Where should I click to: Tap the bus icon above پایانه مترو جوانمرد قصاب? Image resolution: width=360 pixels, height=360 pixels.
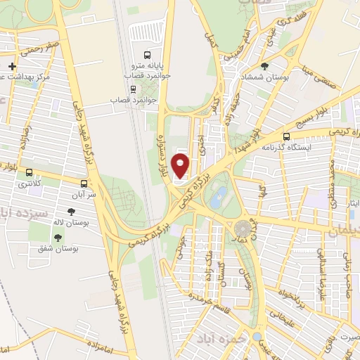(147, 55)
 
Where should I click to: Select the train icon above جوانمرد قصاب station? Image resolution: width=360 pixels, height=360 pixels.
(133, 89)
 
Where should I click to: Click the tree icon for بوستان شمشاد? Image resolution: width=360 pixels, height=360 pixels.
(264, 67)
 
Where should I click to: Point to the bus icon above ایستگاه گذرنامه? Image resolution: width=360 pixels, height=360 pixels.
(285, 137)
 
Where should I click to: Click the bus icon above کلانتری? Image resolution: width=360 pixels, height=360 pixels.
(29, 172)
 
